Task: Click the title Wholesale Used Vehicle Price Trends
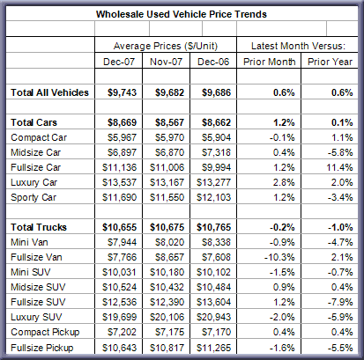point(182,14)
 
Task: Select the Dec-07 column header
point(119,62)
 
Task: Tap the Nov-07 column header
point(166,62)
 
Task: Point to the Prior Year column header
point(330,62)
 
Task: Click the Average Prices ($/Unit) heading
point(166,46)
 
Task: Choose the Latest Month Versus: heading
point(298,46)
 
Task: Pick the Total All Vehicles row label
point(49,92)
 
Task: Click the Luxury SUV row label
point(36,317)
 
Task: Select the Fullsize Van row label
point(36,257)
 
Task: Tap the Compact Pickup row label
point(45,332)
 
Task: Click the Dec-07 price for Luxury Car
point(119,182)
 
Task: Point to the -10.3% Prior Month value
point(279,257)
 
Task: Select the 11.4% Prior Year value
point(339,167)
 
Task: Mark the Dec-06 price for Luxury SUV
point(213,317)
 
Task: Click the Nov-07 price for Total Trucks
point(167,227)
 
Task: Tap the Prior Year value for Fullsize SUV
point(340,302)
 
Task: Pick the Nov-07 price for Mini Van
point(169,242)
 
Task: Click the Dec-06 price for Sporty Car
point(213,197)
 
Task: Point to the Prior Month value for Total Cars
point(284,122)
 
